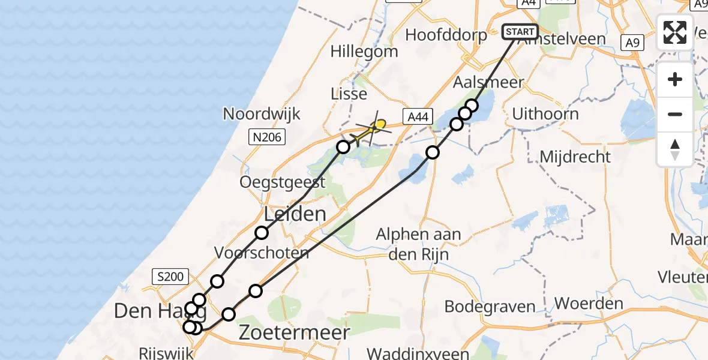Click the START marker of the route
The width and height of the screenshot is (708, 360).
tap(520, 32)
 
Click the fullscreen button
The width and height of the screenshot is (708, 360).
tap(675, 32)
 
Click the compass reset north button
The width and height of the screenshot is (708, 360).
tap(675, 149)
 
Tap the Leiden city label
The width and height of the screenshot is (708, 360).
tap(295, 214)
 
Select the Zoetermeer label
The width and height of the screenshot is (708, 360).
tap(294, 333)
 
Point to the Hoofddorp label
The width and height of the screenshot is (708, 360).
tap(446, 35)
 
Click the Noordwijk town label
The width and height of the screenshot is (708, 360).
tap(262, 114)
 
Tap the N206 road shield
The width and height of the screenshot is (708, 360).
tap(265, 138)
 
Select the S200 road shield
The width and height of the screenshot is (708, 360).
tap(170, 277)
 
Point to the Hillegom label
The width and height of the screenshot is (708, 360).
tap(364, 52)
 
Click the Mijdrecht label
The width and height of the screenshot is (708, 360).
tap(575, 157)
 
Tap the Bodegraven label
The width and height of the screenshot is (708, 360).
tap(490, 307)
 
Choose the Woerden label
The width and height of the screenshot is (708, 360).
tap(589, 304)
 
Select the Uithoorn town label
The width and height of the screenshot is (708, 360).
tap(545, 114)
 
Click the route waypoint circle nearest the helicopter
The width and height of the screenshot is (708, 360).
tap(343, 147)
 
